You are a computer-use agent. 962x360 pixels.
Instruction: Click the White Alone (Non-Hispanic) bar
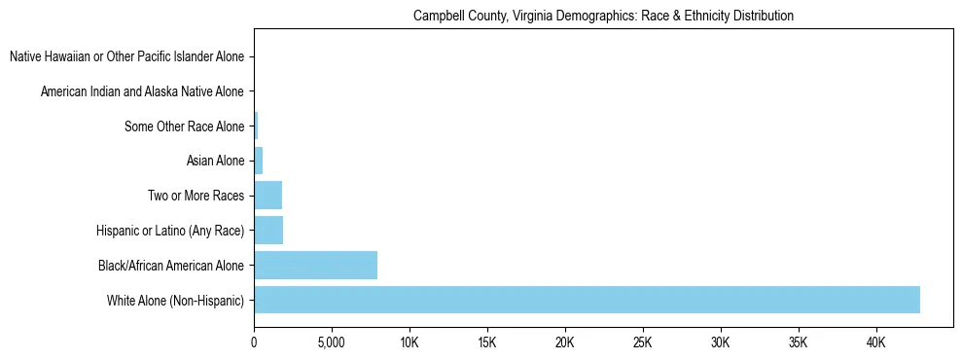[587, 300]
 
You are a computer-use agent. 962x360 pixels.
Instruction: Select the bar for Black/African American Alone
[315, 265]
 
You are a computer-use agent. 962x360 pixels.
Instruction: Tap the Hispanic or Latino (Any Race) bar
[268, 231]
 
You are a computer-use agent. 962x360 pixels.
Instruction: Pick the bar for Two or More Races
[267, 196]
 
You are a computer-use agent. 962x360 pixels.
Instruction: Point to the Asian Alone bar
[258, 161]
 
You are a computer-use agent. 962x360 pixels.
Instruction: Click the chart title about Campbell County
[603, 17]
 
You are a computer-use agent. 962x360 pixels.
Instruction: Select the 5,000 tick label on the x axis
[332, 342]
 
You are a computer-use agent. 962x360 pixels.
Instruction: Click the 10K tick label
[410, 342]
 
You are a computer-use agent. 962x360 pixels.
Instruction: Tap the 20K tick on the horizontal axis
[565, 342]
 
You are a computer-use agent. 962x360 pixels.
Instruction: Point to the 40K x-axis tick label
[876, 342]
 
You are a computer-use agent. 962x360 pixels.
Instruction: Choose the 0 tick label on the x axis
[254, 342]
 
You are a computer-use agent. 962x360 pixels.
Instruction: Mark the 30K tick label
[721, 342]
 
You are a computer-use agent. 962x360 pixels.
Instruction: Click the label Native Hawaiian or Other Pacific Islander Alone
[126, 57]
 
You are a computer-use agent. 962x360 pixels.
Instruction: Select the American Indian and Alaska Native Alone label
[142, 91]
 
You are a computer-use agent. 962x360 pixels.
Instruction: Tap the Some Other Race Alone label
[185, 126]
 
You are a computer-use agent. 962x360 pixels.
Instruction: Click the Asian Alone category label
[216, 161]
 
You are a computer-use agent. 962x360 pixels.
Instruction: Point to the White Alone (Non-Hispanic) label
[176, 300]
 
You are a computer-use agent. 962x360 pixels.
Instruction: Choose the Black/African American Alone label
[171, 265]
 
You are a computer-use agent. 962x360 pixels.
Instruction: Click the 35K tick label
[799, 342]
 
